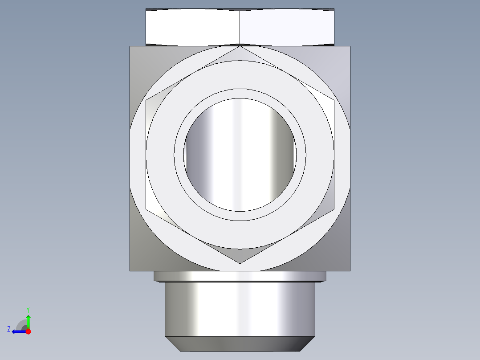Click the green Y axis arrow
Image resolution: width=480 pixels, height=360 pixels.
[28, 320]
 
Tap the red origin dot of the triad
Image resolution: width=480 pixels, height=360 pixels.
[28, 331]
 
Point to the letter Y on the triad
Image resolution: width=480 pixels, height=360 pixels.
[28, 309]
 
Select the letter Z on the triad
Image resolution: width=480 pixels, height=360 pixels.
[9, 329]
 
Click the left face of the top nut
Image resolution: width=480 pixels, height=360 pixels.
[193, 26]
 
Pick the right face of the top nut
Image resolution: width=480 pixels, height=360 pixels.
[287, 26]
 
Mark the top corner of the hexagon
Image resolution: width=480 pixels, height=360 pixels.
[240, 46]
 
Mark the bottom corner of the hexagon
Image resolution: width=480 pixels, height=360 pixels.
[240, 263]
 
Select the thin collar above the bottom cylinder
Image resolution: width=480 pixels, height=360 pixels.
[240, 276]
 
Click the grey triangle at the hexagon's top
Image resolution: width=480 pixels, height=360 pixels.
[240, 55]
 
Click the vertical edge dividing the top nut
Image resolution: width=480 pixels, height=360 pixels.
[240, 27]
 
